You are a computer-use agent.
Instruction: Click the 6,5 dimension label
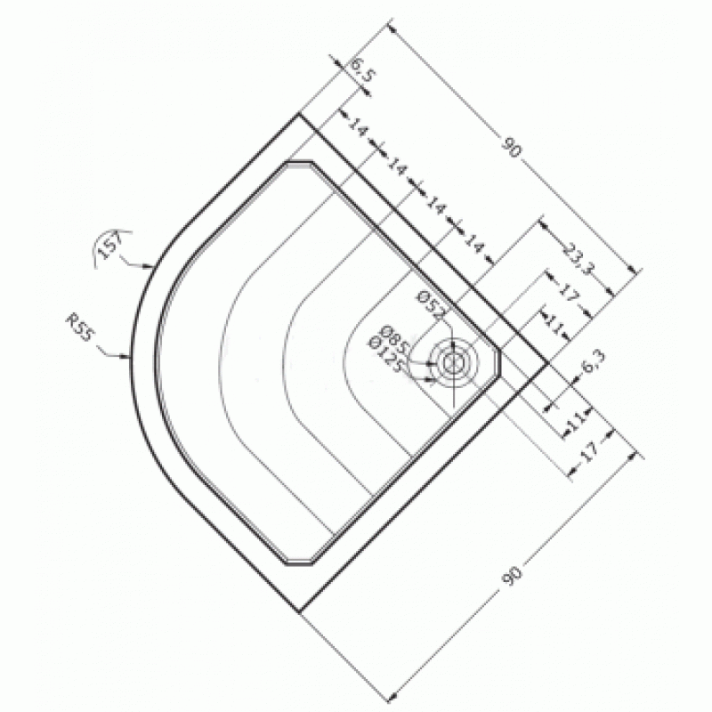tap(362, 70)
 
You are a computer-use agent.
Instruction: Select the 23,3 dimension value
tap(578, 258)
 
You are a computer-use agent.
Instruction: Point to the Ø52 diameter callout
tap(432, 305)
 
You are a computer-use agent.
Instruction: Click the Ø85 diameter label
tap(393, 340)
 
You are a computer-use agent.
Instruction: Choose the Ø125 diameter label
tap(386, 354)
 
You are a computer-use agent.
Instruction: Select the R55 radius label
tap(80, 327)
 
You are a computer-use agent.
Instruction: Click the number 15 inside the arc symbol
tap(109, 248)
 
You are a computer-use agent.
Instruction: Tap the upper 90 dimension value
tap(512, 147)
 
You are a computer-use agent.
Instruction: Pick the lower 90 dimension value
tap(512, 576)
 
